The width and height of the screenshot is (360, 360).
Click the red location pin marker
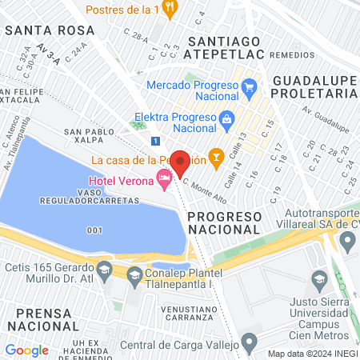coord(180,162)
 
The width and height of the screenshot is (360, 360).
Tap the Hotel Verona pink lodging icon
coord(165,182)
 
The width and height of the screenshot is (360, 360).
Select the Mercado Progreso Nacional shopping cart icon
coord(249,86)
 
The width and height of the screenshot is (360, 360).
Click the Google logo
coord(26,350)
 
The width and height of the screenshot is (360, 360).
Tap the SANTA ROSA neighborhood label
coord(49,30)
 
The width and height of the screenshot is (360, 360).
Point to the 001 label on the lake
coord(95,230)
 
